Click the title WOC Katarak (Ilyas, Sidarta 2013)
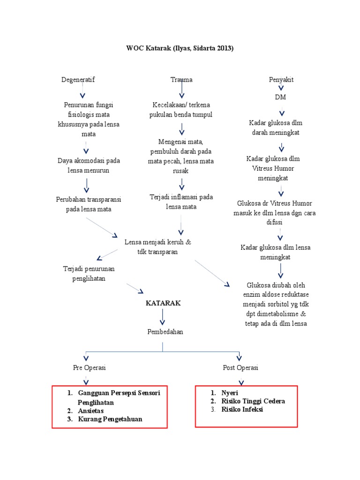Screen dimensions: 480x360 tap(180, 48)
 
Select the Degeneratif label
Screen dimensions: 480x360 tap(78, 80)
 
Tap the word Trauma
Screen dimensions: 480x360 tap(181, 80)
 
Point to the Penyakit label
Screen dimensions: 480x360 tap(281, 80)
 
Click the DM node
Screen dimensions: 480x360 tap(281, 97)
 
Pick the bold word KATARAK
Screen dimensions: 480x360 tap(163, 303)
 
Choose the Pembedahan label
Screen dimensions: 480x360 tap(165, 331)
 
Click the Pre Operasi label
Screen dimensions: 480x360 tap(90, 367)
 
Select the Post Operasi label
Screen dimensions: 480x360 tap(240, 367)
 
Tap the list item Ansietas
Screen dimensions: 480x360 tap(91, 411)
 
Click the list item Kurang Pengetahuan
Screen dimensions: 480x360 tap(110, 419)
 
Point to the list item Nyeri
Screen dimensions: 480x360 tap(230, 393)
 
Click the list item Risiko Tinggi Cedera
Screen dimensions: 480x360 tap(253, 401)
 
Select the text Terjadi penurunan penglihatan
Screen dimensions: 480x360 tap(89, 274)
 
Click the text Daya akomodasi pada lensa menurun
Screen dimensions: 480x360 tap(89, 165)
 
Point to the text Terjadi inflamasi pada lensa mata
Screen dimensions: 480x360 tap(181, 202)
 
